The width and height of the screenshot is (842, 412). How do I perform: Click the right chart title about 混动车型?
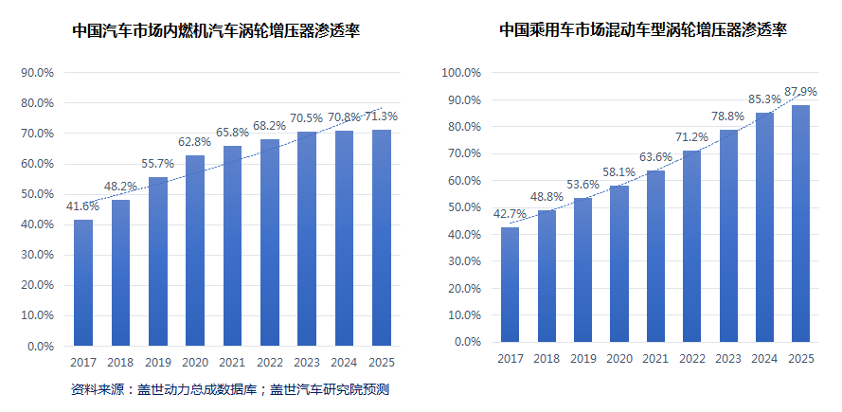[x=643, y=30]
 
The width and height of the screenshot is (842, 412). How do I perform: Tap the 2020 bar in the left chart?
[x=195, y=250]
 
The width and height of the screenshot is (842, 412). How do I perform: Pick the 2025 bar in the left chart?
[x=381, y=237]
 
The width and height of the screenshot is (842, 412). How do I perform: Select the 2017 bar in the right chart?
[x=511, y=284]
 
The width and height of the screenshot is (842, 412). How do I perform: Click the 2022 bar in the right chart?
[x=692, y=246]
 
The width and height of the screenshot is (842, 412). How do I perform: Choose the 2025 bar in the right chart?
[x=801, y=223]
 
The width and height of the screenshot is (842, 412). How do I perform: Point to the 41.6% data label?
[x=82, y=206]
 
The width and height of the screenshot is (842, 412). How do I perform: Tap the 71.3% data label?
[x=381, y=116]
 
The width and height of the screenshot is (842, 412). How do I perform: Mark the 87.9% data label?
[x=801, y=91]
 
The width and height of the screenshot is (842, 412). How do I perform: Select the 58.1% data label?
[x=619, y=171]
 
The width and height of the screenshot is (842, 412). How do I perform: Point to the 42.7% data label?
[x=511, y=213]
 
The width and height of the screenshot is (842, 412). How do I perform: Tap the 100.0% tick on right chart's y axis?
[x=463, y=73]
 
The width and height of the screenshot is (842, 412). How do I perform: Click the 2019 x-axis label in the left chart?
[x=157, y=362]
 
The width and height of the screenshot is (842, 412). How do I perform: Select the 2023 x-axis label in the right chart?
[x=728, y=358]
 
